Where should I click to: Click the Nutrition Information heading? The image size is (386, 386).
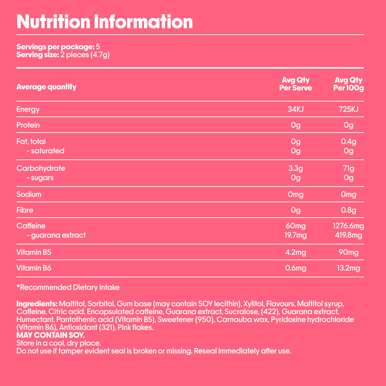tap(104, 22)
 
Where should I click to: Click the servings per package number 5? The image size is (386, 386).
tap(98, 47)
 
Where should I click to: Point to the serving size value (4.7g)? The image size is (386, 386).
tap(100, 55)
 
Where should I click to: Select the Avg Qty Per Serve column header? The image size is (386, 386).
tap(296, 84)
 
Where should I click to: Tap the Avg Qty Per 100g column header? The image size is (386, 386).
tap(348, 84)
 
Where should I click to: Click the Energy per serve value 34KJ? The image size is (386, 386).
tap(296, 109)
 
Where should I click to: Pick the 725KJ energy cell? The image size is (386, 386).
tap(348, 109)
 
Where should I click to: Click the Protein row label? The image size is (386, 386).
tap(28, 125)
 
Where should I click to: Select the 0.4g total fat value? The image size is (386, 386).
tap(348, 142)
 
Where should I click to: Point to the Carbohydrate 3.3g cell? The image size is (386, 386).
tap(296, 168)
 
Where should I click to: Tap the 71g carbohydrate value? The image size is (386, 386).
tap(348, 168)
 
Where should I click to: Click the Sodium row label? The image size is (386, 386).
tap(29, 194)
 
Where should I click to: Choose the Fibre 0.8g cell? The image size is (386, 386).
tap(348, 210)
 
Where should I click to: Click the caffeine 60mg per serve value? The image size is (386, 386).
tap(296, 226)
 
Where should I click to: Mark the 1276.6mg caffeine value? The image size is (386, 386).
tap(348, 226)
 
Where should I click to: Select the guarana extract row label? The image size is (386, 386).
tap(56, 235)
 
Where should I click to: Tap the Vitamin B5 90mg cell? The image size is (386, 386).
tap(348, 252)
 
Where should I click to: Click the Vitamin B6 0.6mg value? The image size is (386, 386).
tap(296, 268)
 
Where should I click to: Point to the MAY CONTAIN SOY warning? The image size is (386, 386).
tap(50, 335)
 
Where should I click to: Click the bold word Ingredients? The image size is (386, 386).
tap(37, 304)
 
